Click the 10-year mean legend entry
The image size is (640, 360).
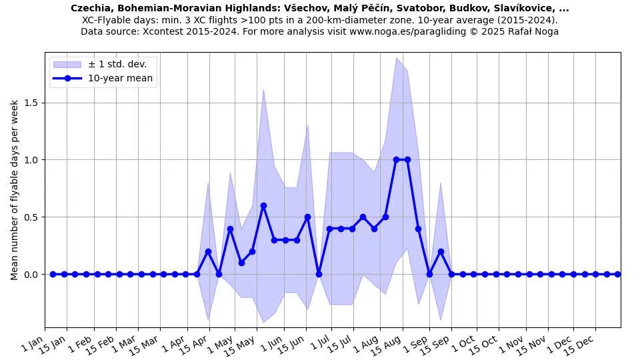tap(121, 79)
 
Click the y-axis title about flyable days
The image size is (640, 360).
tap(15, 189)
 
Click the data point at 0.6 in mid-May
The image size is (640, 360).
tap(263, 206)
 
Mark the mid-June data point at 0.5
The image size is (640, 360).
tap(307, 217)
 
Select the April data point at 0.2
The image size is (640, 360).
tap(208, 251)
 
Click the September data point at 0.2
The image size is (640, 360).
tap(441, 251)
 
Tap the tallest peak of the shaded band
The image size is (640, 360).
tap(397, 58)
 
